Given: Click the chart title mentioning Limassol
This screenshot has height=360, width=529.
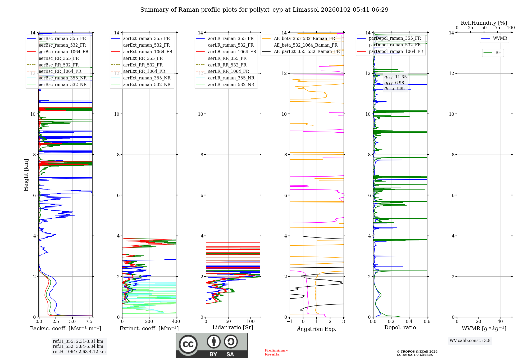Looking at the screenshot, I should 264,10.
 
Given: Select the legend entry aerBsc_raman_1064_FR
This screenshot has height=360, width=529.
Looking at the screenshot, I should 63,52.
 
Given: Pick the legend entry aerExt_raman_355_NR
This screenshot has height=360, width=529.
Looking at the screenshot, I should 147,78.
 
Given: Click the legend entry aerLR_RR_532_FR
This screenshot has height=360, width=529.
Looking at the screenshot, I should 227,65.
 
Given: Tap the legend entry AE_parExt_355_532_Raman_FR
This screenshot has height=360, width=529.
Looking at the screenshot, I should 307,51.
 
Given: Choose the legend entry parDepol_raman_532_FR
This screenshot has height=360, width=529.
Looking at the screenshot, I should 395,45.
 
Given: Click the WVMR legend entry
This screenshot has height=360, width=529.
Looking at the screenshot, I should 500,38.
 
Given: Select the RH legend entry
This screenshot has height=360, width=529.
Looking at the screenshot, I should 498,53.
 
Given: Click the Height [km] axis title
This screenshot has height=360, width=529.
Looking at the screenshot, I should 26,175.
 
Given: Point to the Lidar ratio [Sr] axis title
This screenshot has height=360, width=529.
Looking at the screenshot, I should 233,327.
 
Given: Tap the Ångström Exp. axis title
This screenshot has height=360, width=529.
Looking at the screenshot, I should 317,329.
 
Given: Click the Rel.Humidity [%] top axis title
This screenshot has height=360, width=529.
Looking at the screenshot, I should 484,23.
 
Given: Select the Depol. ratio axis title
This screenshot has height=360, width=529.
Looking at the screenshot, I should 400,327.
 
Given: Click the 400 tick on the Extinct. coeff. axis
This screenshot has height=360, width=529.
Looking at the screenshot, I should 176,322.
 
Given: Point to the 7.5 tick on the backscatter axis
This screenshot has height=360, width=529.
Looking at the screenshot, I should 89,322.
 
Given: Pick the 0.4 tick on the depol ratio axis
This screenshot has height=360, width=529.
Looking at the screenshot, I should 409,322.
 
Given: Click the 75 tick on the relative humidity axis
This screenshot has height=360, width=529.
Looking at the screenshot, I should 497,28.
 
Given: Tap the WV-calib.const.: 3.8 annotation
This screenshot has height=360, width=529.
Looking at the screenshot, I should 470,341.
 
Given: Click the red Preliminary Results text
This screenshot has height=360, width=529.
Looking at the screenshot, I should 276,352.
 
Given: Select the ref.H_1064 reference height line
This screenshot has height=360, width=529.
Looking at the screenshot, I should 79,352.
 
